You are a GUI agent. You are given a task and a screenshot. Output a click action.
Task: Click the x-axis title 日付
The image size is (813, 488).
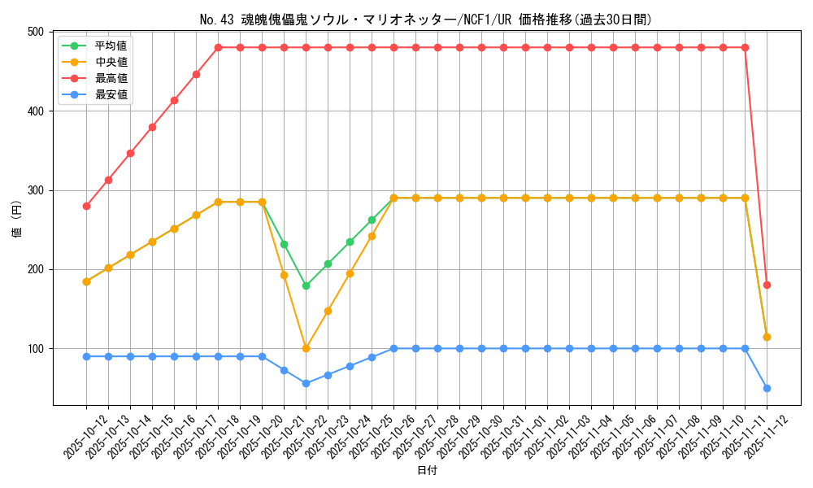[427, 471]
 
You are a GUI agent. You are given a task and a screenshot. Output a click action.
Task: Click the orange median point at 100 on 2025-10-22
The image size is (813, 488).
[306, 348]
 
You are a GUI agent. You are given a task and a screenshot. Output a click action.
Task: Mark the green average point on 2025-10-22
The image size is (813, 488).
[306, 285]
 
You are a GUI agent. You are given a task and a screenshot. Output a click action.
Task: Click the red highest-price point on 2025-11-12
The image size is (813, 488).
[767, 285]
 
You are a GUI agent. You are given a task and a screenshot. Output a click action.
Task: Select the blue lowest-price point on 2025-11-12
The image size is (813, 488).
[767, 388]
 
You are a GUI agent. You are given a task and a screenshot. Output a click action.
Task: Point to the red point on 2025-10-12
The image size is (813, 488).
[86, 206]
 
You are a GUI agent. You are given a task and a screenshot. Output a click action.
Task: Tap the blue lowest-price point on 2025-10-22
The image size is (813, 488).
[306, 383]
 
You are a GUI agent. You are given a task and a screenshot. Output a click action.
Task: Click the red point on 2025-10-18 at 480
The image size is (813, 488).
[218, 47]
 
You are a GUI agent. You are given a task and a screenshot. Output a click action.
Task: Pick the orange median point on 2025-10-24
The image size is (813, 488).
[350, 273]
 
